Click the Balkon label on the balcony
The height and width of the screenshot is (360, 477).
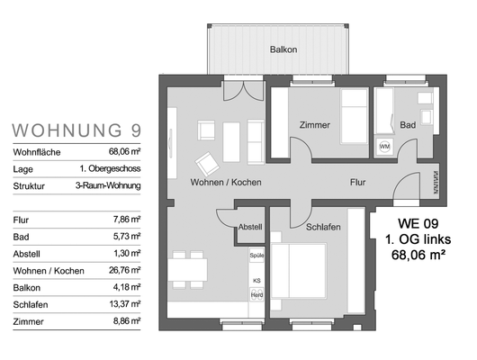(283, 49)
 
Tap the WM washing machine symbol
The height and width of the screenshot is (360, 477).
(384, 147)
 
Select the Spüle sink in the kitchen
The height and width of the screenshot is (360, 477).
(256, 256)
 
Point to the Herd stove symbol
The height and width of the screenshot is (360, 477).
(256, 295)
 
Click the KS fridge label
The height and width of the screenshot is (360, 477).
(256, 281)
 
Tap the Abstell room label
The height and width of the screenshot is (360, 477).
(250, 227)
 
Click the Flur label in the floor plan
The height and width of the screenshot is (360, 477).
(357, 183)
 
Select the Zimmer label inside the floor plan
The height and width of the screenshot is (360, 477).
(315, 125)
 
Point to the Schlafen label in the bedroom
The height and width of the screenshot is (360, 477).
(323, 227)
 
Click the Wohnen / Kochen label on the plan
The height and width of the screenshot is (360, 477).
(226, 183)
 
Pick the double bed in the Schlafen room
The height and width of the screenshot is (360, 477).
(299, 271)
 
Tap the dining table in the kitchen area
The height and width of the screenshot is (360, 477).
(188, 270)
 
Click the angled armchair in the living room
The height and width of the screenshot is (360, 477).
(207, 164)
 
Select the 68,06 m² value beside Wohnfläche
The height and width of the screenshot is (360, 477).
(125, 151)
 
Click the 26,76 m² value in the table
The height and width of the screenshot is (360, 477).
(125, 270)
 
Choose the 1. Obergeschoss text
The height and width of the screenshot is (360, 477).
(110, 168)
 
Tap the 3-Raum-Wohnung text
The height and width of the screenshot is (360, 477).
(108, 185)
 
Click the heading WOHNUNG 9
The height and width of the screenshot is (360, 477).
(76, 130)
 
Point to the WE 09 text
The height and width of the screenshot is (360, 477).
(418, 224)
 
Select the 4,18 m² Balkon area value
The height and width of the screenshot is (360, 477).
(127, 287)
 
